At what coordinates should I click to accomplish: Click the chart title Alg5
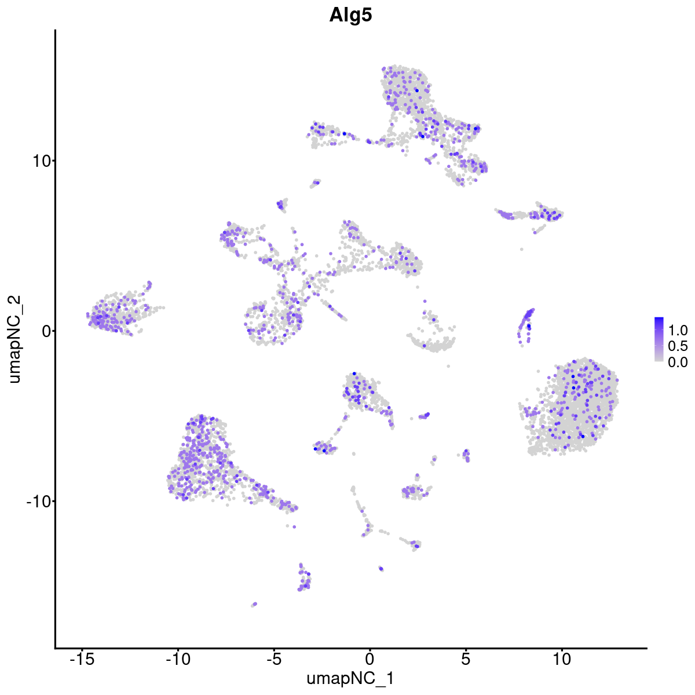(350, 15)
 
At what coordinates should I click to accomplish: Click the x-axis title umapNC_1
(350, 678)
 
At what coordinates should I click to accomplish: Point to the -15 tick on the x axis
(82, 659)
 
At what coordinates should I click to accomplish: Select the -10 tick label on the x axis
(178, 659)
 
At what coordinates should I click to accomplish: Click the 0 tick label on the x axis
(370, 659)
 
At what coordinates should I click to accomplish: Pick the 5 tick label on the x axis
(465, 659)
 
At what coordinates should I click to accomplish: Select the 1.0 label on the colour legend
(678, 331)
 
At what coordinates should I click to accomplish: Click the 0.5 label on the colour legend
(678, 346)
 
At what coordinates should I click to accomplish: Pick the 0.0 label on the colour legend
(678, 362)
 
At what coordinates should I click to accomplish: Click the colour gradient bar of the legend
(659, 339)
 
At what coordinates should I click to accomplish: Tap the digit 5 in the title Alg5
(366, 15)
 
